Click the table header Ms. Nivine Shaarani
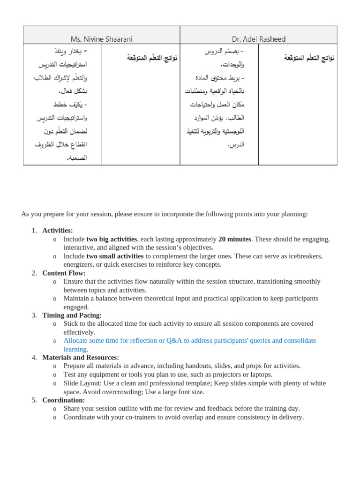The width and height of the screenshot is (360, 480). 101,39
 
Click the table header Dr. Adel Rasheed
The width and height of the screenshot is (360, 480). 258,39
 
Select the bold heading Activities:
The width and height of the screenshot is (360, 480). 57,230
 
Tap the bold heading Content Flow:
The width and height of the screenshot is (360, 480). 64,273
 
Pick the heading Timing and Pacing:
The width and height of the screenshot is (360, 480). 72,315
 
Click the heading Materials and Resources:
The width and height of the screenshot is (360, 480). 80,357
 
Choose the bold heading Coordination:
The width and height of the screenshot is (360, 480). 63,400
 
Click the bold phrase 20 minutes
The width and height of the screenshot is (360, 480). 234,239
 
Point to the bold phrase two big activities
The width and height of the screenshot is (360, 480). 112,239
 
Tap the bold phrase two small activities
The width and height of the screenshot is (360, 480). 115,256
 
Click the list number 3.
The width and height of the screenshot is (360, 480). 34,315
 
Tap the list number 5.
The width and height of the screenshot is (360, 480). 34,400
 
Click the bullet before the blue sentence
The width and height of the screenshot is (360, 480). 55,341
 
